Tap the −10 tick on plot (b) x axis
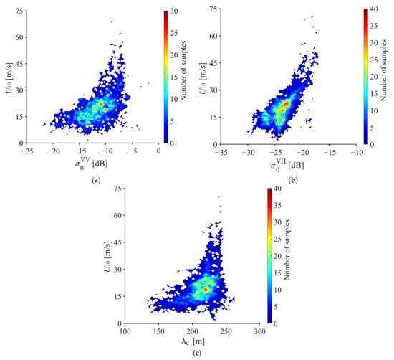(x=357, y=151)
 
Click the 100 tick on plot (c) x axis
(x=125, y=332)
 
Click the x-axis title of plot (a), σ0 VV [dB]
(x=95, y=166)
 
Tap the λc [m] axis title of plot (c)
(x=192, y=342)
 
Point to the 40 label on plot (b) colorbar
(x=378, y=11)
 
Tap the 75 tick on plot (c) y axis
(x=115, y=190)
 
